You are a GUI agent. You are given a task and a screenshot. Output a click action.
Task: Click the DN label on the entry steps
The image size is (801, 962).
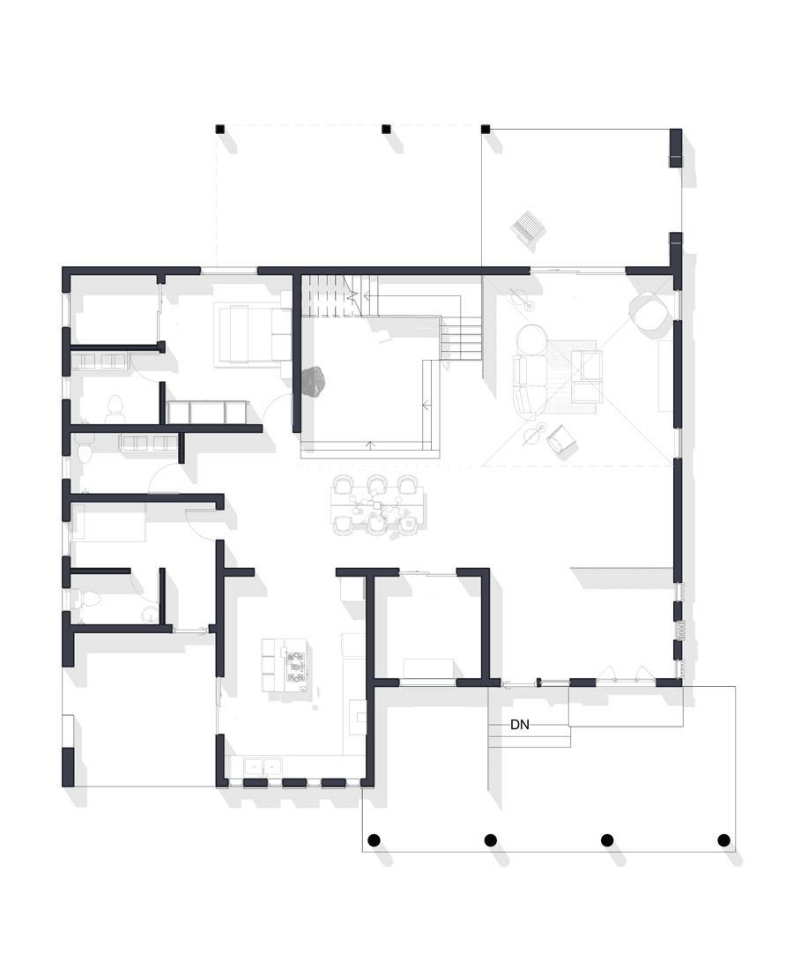(520, 725)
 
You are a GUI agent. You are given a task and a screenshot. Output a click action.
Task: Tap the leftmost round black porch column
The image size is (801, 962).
(374, 839)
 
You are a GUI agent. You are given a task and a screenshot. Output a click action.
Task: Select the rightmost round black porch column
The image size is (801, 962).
(723, 839)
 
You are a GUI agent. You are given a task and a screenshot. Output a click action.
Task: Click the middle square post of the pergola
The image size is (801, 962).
(386, 129)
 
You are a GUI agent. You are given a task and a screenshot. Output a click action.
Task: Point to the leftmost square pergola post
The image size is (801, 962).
(220, 129)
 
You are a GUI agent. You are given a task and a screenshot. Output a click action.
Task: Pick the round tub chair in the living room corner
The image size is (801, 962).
(649, 311)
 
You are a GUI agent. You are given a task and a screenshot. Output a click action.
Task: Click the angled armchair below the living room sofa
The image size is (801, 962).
(562, 440)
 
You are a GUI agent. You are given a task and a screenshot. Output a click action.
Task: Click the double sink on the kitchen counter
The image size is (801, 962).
(263, 766)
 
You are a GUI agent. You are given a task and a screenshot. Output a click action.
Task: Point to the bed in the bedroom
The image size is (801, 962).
(252, 334)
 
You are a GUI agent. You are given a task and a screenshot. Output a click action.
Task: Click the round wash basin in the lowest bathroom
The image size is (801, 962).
(148, 614)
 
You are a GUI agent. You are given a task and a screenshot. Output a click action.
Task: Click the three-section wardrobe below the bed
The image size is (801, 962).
(207, 412)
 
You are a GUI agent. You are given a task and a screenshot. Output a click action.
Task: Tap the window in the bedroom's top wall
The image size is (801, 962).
(229, 270)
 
